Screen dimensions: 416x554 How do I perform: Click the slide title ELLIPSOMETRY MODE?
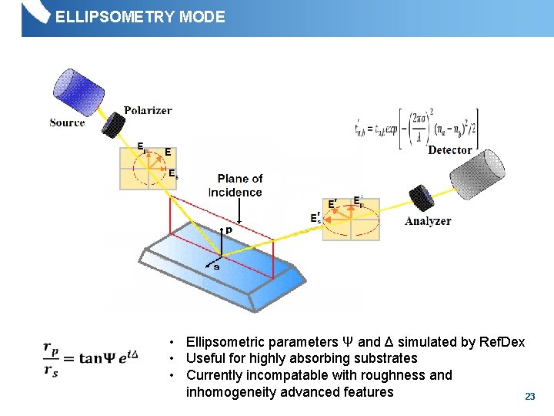point(140,16)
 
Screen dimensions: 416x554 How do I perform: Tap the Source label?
point(67,122)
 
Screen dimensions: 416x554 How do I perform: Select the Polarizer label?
point(148,110)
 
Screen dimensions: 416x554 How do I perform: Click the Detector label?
point(449,149)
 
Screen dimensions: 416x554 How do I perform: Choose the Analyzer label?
point(428,221)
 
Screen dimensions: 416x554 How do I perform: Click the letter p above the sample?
point(228,230)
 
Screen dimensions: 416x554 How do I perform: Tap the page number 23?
point(529,396)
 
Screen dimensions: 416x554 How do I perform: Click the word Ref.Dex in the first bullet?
point(501,341)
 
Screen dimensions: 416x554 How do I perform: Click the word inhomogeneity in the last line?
point(229,392)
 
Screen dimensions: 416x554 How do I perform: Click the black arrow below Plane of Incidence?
point(240,210)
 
